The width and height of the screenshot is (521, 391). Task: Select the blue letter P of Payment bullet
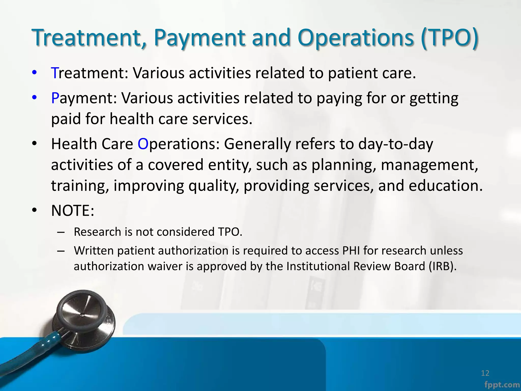(55, 98)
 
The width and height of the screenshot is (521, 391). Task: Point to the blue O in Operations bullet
(143, 144)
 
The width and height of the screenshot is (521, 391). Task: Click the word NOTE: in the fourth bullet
(73, 211)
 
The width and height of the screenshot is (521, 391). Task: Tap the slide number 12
(485, 373)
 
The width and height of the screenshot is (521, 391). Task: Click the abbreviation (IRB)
(442, 266)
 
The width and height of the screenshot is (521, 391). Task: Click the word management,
(429, 165)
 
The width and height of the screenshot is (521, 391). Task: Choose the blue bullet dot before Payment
(34, 97)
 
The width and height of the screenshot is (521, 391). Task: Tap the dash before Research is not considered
(61, 232)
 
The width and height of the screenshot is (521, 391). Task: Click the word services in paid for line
(222, 119)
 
